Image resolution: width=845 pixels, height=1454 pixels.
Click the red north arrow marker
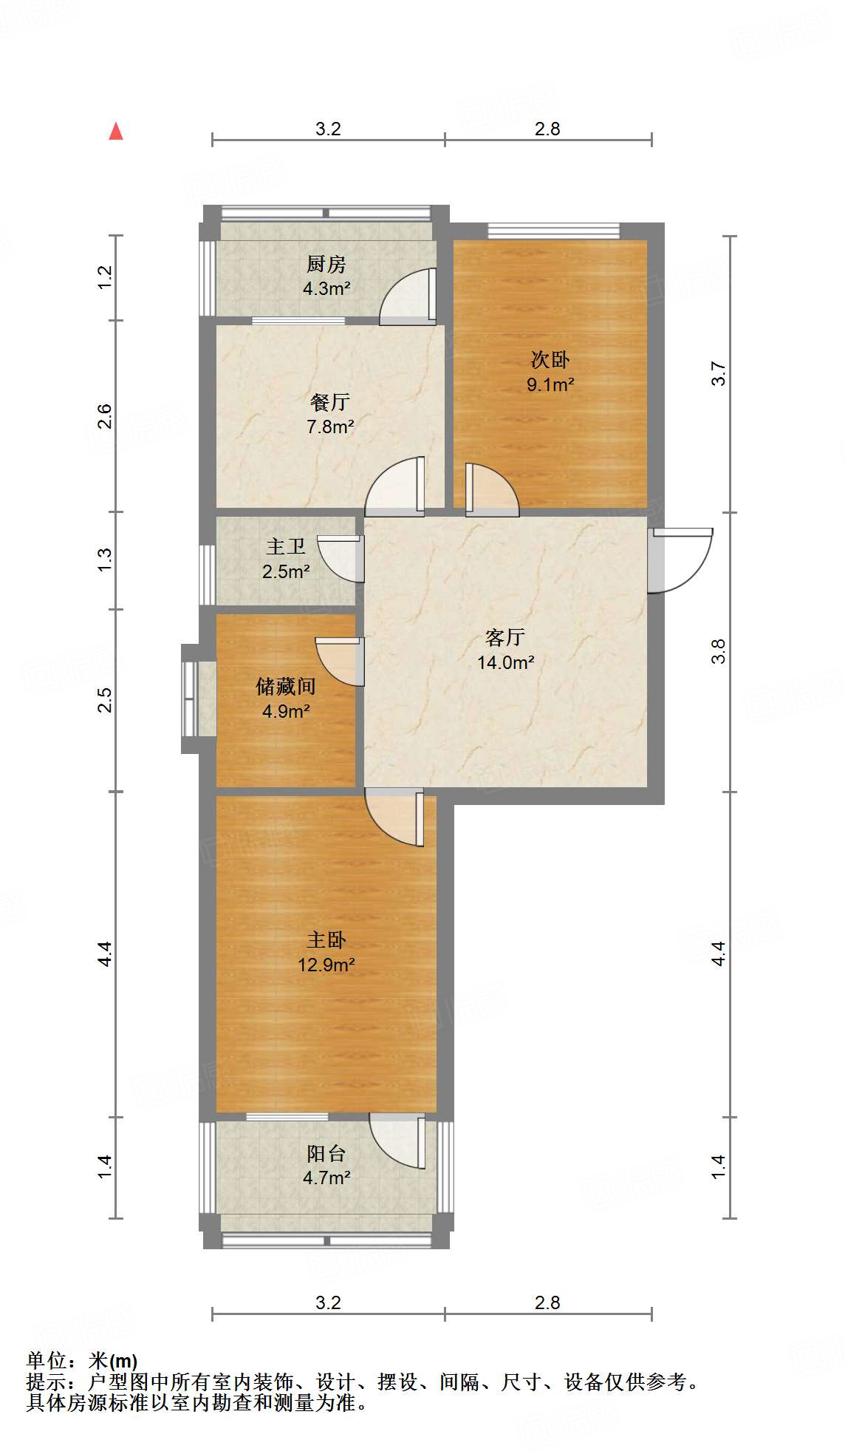click(x=116, y=132)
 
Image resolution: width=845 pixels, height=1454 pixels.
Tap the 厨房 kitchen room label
click(x=326, y=264)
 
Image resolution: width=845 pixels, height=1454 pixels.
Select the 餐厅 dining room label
click(x=329, y=402)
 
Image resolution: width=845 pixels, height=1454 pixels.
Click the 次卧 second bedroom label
click(x=550, y=360)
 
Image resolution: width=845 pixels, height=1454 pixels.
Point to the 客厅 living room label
click(x=505, y=637)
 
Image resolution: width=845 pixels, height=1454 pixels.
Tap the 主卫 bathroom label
click(x=286, y=546)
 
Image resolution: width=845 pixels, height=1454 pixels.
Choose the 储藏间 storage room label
click(x=286, y=687)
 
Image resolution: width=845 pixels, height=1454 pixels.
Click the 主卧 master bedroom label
click(x=326, y=940)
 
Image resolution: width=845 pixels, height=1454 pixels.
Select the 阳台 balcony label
click(x=326, y=1153)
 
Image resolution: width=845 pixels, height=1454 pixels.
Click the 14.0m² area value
click(x=505, y=662)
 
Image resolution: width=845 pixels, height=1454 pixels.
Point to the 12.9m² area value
click(x=326, y=965)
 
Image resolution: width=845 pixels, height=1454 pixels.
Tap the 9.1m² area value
click(x=550, y=384)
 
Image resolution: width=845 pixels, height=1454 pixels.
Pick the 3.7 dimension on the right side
click(x=719, y=373)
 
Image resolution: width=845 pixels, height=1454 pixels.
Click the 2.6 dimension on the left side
click(x=105, y=416)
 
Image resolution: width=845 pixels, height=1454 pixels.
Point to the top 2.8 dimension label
click(x=547, y=129)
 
